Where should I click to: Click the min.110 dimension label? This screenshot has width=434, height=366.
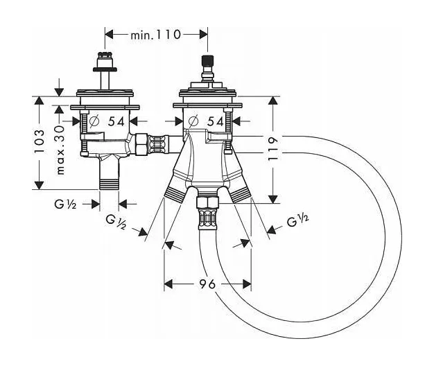click(155, 35)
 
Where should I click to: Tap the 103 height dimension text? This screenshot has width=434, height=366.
click(39, 141)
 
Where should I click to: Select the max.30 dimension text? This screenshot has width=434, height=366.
click(60, 150)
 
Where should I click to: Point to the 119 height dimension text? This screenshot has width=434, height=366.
click(272, 148)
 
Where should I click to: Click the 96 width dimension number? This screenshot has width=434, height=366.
click(207, 284)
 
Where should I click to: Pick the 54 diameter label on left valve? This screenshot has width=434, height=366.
click(116, 121)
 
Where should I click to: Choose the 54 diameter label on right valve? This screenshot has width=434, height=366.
click(216, 121)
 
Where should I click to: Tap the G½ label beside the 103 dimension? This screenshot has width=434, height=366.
click(65, 204)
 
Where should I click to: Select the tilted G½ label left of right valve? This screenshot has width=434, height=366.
click(116, 222)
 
